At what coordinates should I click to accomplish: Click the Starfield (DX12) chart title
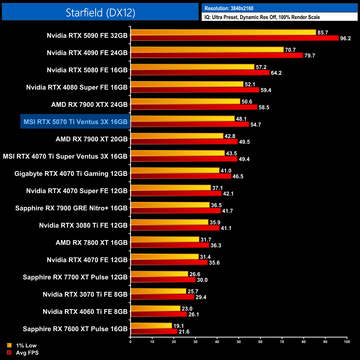(100, 12)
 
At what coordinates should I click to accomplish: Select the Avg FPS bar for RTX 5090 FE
(234, 38)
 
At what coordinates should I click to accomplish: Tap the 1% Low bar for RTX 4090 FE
(207, 50)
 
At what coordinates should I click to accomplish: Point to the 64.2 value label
(276, 73)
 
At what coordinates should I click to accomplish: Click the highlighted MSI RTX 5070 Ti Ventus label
(75, 122)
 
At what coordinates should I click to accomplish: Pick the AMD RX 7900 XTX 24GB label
(89, 105)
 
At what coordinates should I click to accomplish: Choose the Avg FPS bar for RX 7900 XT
(184, 142)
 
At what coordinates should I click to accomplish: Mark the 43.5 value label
(231, 153)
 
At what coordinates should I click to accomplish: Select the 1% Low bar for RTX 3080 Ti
(169, 222)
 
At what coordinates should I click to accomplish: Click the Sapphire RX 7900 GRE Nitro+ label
(71, 208)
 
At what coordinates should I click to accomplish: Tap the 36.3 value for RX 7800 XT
(216, 245)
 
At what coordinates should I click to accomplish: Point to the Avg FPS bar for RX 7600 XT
(154, 331)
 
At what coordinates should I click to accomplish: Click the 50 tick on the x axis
(239, 342)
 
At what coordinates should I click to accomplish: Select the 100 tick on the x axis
(347, 342)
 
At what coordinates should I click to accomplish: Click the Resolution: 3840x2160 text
(229, 8)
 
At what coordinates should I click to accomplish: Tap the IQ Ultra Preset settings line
(262, 17)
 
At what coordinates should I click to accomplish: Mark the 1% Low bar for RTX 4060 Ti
(155, 308)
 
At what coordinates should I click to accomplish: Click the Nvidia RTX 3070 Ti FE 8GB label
(85, 294)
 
